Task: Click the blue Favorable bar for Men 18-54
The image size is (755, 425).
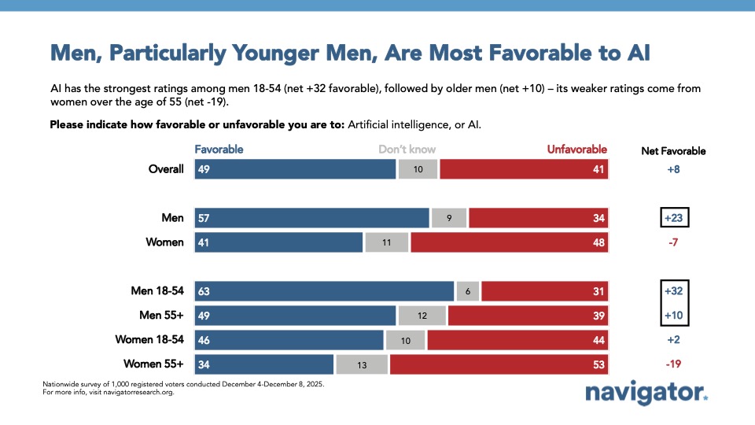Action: click(x=324, y=291)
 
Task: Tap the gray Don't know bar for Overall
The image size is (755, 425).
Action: click(x=418, y=169)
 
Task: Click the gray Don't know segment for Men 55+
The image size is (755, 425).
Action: click(x=422, y=316)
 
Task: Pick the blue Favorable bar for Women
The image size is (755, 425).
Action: click(x=278, y=242)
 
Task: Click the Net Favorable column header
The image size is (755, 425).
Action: click(x=673, y=150)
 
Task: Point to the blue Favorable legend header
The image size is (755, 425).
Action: click(x=219, y=150)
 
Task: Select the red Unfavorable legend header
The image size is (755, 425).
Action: click(x=577, y=150)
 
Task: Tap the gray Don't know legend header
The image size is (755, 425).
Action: click(x=407, y=150)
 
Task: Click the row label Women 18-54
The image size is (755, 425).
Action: click(x=149, y=340)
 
